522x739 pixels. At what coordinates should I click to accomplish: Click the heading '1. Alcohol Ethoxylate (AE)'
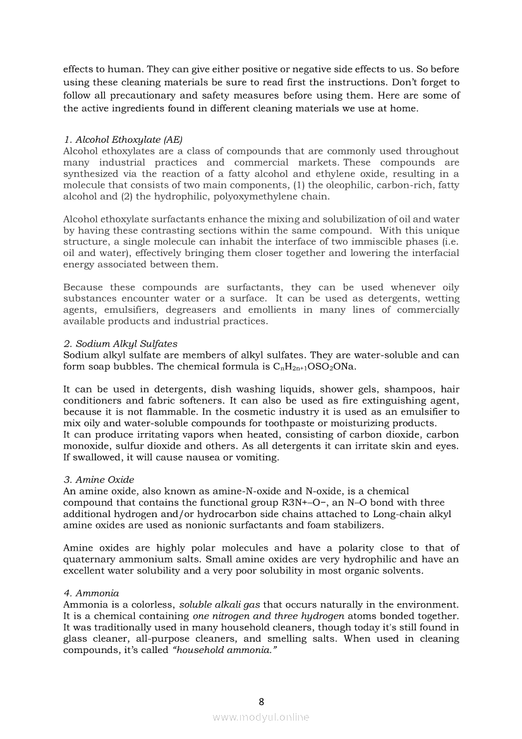coord(123,140)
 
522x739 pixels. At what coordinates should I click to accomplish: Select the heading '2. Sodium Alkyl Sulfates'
coord(120,344)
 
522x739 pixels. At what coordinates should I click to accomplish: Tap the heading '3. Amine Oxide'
coord(99,480)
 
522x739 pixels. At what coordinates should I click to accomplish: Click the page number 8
coord(261,701)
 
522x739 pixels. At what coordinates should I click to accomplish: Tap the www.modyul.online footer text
coord(261,717)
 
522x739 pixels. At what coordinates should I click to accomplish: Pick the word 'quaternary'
coord(90,559)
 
